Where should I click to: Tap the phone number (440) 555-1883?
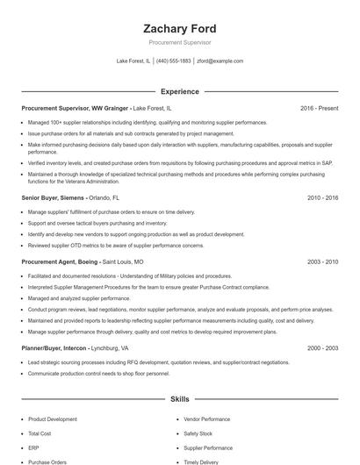[173, 61]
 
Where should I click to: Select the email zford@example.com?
[220, 61]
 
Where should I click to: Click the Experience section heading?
[179, 91]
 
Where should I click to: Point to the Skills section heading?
[179, 398]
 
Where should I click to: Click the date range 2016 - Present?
[319, 108]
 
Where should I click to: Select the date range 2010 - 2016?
[322, 198]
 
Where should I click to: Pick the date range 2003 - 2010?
[322, 261]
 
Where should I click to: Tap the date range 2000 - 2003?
[322, 348]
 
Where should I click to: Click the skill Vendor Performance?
[207, 419]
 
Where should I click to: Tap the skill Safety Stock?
[198, 433]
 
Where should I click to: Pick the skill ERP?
[33, 447]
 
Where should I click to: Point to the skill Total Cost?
[40, 433]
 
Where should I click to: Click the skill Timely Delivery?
[201, 461]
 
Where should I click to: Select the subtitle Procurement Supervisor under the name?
[179, 42]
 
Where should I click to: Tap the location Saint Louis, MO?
[123, 261]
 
